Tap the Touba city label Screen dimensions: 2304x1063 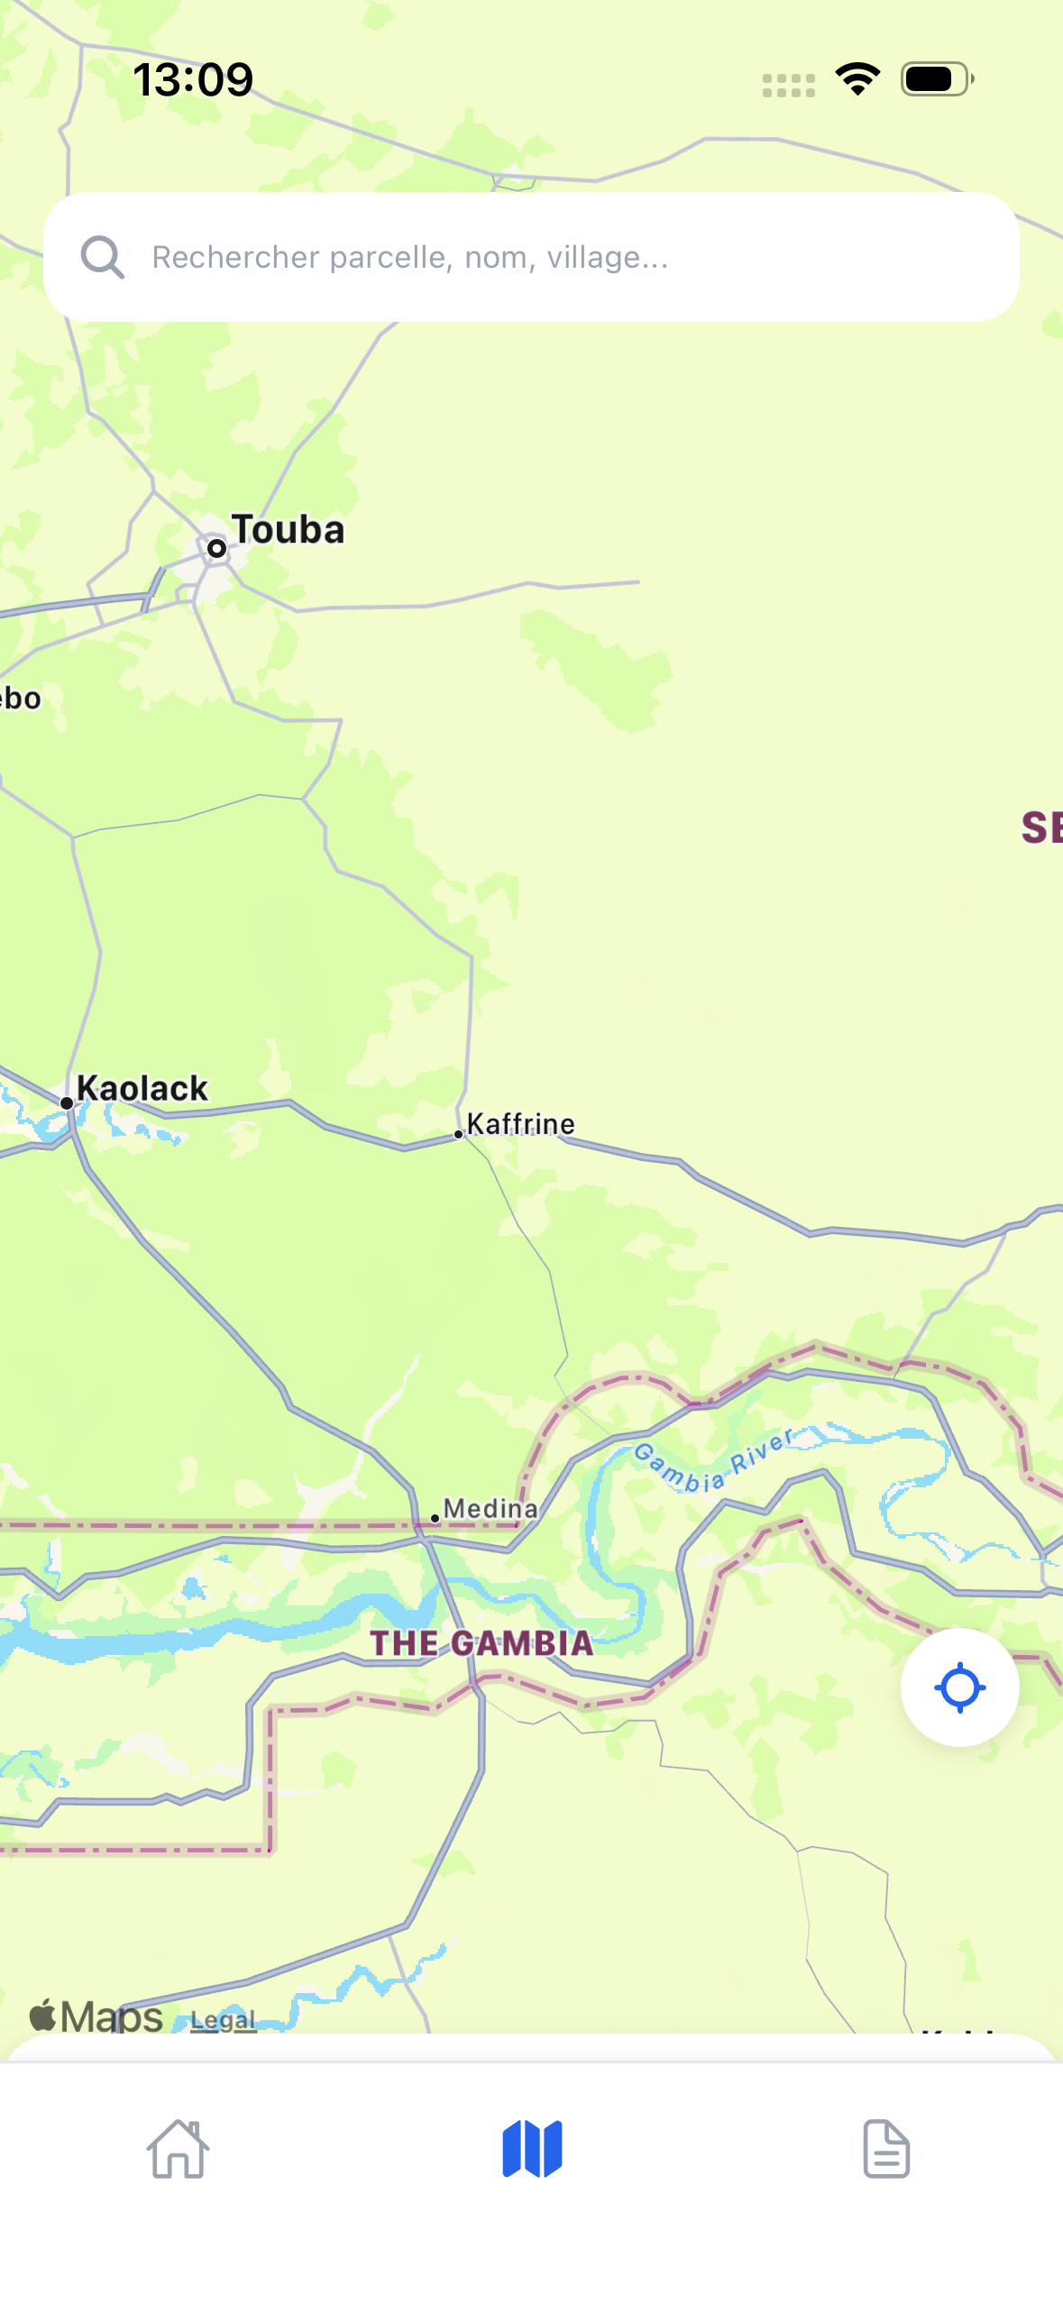[x=288, y=530]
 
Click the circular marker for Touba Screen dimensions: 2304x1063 [x=216, y=548]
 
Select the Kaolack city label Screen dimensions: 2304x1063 [x=142, y=1088]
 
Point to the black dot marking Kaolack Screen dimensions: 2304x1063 [x=67, y=1103]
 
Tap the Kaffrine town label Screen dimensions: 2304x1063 [x=520, y=1124]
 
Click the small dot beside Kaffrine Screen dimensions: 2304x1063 [x=458, y=1134]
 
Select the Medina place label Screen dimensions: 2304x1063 [x=490, y=1508]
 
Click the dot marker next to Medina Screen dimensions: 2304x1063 [x=435, y=1518]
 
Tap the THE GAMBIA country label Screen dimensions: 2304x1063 [x=481, y=1643]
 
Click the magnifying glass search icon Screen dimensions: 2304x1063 [x=103, y=258]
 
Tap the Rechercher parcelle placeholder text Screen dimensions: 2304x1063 [x=410, y=258]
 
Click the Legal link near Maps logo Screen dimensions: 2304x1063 [x=223, y=2020]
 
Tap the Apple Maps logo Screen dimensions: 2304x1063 [x=96, y=2016]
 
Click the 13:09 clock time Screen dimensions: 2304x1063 [x=193, y=79]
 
